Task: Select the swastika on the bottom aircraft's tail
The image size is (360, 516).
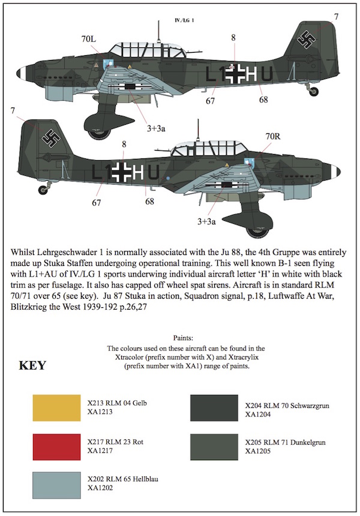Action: [49, 137]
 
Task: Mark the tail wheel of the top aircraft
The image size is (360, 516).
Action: [314, 91]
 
